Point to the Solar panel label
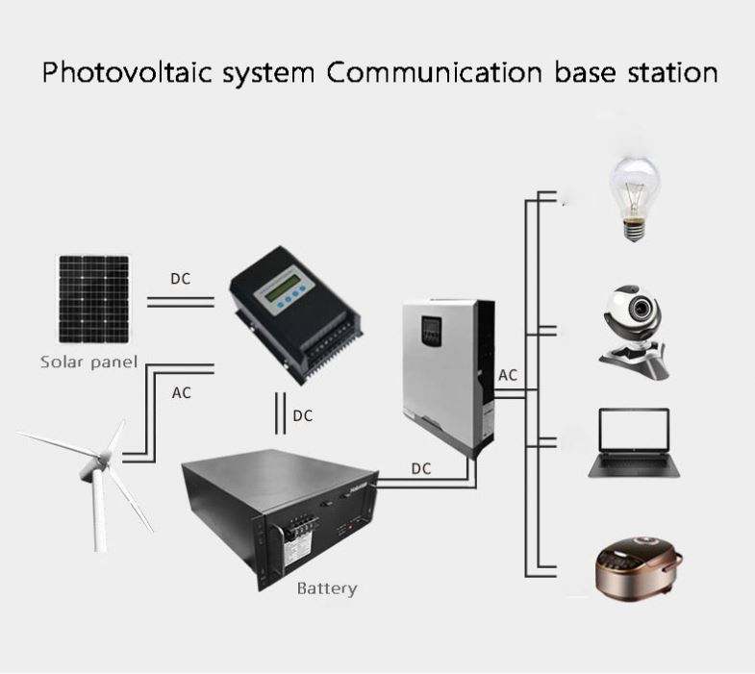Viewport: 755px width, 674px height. point(89,362)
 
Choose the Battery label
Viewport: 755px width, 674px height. point(326,587)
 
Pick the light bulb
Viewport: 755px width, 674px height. point(637,197)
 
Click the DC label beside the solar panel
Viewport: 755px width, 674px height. point(180,279)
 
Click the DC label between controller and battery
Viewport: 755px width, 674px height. point(302,416)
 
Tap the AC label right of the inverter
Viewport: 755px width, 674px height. point(508,375)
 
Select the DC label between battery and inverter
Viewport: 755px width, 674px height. point(421,468)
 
